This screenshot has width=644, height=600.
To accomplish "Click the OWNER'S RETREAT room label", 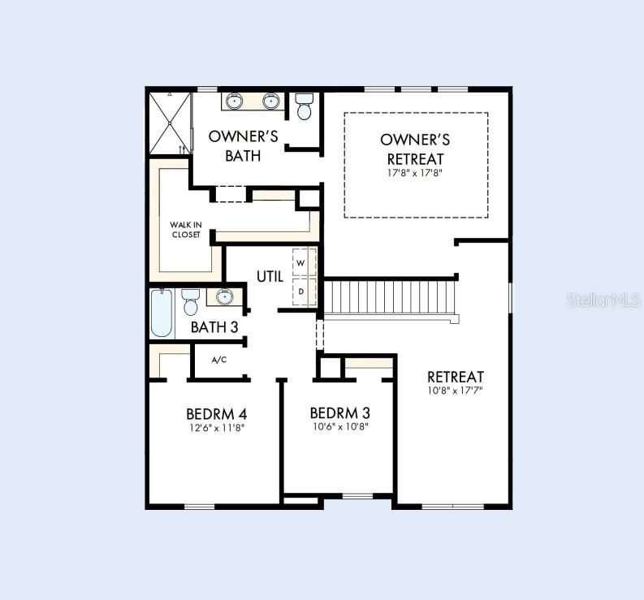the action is click(415, 149).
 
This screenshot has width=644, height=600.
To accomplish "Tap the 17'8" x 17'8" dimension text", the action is click(415, 172).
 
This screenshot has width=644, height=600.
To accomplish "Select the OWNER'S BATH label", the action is click(243, 146).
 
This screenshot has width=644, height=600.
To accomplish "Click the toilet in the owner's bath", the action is click(305, 106).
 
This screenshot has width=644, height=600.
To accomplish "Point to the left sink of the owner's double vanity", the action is click(234, 101).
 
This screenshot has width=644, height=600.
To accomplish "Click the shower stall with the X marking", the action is click(170, 123).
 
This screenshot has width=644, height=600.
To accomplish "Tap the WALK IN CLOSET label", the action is click(186, 230).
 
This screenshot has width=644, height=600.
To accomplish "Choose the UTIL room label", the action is click(270, 277).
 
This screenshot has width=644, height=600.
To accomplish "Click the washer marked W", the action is click(304, 262).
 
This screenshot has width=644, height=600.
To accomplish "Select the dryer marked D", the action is click(304, 291).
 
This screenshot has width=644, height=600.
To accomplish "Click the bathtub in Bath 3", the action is click(162, 313).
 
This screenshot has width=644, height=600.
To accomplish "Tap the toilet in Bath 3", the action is click(190, 302).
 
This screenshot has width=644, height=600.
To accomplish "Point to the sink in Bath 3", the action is click(225, 296).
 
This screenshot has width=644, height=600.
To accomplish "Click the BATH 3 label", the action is click(214, 327).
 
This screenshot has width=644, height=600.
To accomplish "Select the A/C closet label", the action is click(219, 360).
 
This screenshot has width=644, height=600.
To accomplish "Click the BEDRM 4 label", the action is click(217, 413).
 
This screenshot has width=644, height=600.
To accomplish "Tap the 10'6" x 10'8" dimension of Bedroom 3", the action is click(340, 427).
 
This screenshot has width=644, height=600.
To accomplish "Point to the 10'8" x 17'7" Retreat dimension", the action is click(455, 391).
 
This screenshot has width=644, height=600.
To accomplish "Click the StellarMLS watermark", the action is click(603, 300).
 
